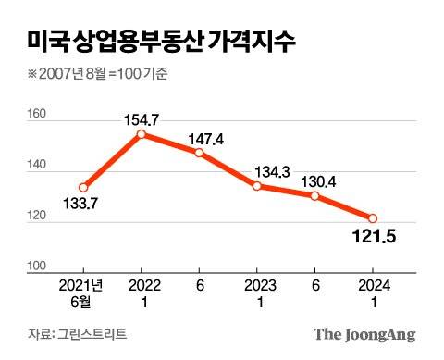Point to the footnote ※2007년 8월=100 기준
pyautogui.click(x=98, y=73)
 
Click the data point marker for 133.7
pyautogui.click(x=84, y=187)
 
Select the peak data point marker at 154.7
pyautogui.click(x=142, y=134)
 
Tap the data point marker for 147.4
pyautogui.click(x=199, y=153)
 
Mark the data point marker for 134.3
pyautogui.click(x=256, y=186)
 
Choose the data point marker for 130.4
pyautogui.click(x=314, y=196)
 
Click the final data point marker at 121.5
pyautogui.click(x=372, y=218)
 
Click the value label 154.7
pyautogui.click(x=142, y=118)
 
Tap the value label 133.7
pyautogui.click(x=84, y=204)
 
